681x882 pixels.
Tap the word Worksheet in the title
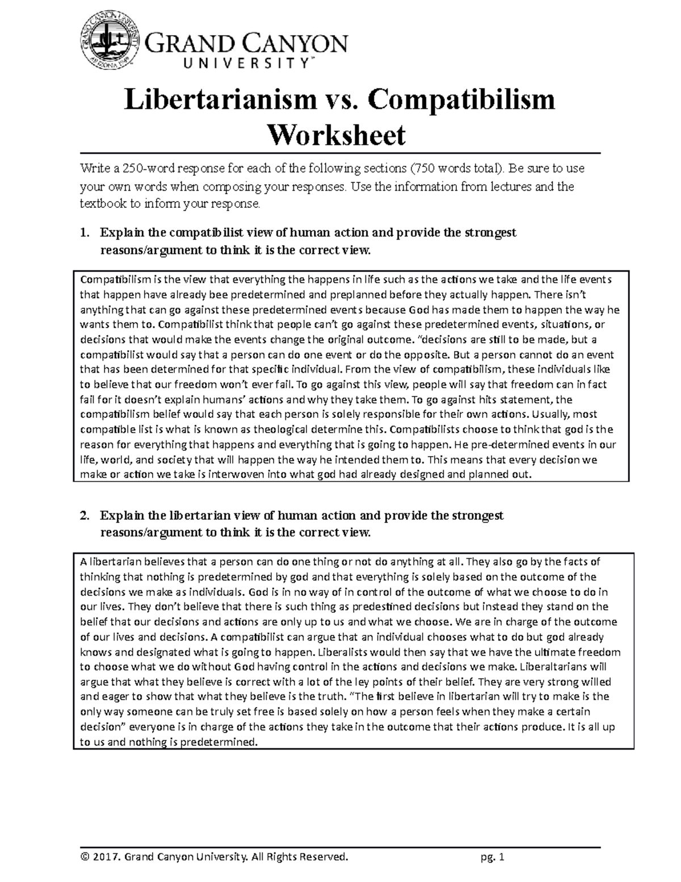(337, 135)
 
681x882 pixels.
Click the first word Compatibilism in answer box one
(115, 279)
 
